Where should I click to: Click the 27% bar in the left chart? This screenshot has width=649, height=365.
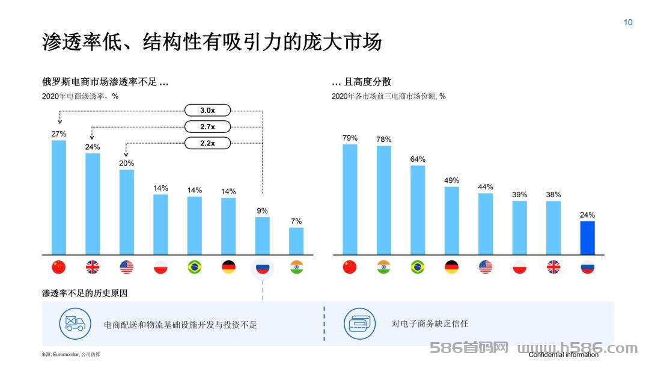pyautogui.click(x=59, y=197)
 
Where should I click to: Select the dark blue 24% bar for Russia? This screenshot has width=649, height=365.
pyautogui.click(x=587, y=238)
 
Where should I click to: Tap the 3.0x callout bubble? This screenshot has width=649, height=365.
pyautogui.click(x=207, y=110)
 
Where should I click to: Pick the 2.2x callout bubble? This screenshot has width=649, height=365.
pyautogui.click(x=207, y=143)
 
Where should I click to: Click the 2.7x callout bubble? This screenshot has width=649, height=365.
pyautogui.click(x=207, y=127)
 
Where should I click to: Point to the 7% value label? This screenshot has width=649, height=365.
pyautogui.click(x=296, y=221)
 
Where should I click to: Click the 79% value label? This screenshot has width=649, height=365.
pyautogui.click(x=350, y=138)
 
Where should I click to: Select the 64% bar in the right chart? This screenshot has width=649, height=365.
pyautogui.click(x=418, y=210)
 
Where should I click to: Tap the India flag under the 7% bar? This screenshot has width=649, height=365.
pyautogui.click(x=296, y=267)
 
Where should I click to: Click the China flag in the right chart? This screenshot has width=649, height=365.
pyautogui.click(x=350, y=267)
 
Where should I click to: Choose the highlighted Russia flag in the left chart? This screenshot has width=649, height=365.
pyautogui.click(x=263, y=268)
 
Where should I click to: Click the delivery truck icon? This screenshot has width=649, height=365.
pyautogui.click(x=75, y=324)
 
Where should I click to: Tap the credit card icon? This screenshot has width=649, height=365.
pyautogui.click(x=360, y=324)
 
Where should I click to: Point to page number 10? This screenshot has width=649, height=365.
pyautogui.click(x=628, y=22)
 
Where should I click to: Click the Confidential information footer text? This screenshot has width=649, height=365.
pyautogui.click(x=563, y=355)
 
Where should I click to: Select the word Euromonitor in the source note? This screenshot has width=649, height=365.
pyautogui.click(x=66, y=355)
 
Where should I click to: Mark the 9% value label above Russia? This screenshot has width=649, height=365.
pyautogui.click(x=263, y=211)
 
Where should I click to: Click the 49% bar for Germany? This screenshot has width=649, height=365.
pyautogui.click(x=451, y=221)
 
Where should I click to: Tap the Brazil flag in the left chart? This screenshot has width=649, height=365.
pyautogui.click(x=195, y=267)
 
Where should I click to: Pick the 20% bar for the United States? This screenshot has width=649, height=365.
pyautogui.click(x=127, y=212)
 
